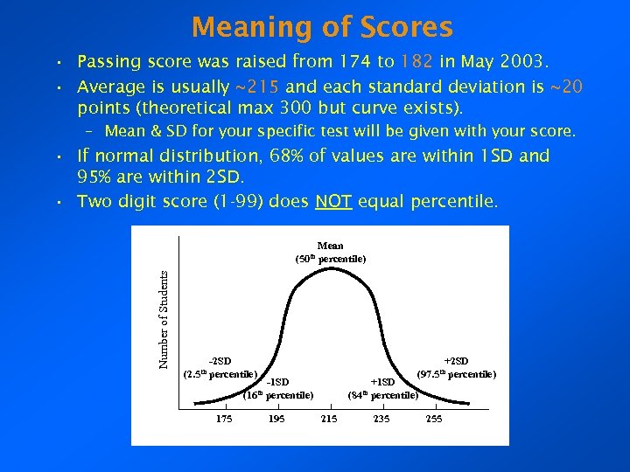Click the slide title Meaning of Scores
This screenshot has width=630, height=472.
tap(322, 27)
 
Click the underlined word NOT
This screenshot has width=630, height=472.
tap(334, 202)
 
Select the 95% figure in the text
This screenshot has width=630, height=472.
tap(97, 177)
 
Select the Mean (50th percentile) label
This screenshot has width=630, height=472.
tap(330, 253)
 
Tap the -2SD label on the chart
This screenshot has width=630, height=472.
tap(220, 361)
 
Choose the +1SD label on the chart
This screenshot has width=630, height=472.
tap(383, 382)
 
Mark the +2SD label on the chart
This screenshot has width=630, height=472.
tap(456, 361)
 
